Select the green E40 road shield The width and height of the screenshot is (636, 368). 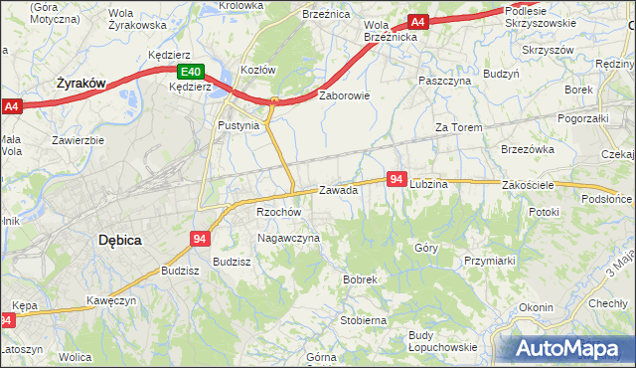(x=191, y=72)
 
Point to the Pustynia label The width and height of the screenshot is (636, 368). (x=238, y=126)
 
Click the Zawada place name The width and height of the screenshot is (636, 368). (x=338, y=190)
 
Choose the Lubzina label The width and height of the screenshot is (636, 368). (x=429, y=184)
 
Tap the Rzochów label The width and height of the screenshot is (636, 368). (x=278, y=212)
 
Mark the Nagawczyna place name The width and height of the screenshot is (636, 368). (x=288, y=238)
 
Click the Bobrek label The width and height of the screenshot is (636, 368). (x=360, y=279)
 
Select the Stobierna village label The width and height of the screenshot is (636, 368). (x=363, y=320)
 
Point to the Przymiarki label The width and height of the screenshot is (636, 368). (x=488, y=260)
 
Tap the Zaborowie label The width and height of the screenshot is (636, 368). (x=344, y=96)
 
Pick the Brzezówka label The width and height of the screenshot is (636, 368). (x=527, y=148)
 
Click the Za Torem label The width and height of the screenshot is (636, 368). (x=458, y=127)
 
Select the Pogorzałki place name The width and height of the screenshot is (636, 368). (x=586, y=117)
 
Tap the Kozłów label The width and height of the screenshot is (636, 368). (x=257, y=71)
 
